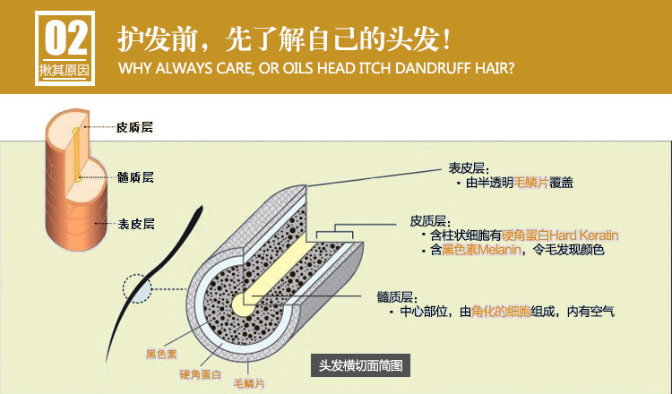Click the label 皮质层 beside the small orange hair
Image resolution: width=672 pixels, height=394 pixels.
[135, 128]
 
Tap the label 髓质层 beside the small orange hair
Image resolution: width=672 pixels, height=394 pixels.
[136, 177]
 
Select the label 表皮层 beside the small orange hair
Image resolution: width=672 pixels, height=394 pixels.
[136, 224]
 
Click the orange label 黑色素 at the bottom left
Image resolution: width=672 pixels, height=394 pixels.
[162, 354]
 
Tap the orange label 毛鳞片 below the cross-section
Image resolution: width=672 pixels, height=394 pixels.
[250, 382]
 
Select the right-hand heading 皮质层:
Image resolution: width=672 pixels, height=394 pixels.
[429, 220]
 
